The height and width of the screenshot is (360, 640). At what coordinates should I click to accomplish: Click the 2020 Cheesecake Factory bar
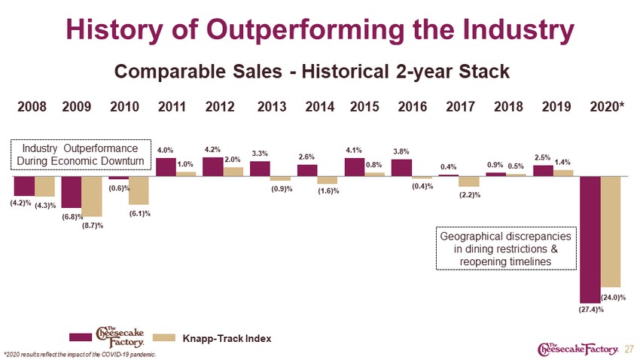(590, 239)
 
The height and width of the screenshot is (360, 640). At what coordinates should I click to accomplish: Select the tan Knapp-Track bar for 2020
(611, 232)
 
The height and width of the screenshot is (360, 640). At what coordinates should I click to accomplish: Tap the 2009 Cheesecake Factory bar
(72, 192)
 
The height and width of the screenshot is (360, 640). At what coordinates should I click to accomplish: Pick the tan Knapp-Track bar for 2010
(139, 191)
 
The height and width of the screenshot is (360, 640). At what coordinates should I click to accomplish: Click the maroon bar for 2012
(212, 167)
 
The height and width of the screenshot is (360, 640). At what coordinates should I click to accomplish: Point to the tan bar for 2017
(469, 182)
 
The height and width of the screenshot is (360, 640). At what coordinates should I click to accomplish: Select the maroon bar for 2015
(355, 167)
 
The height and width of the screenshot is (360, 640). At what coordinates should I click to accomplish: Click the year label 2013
(271, 106)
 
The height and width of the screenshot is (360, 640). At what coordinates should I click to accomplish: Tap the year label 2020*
(607, 106)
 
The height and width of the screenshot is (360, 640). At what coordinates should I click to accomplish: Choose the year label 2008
(32, 106)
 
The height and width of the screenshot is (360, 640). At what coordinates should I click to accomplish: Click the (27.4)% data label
(590, 310)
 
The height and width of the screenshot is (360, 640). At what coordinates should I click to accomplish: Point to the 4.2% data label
(212, 150)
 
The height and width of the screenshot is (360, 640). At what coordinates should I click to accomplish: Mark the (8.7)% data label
(93, 225)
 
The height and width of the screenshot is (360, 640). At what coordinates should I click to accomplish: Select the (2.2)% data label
(470, 195)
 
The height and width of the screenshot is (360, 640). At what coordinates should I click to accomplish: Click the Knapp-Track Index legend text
(227, 338)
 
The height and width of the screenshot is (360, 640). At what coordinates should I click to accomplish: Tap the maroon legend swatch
(81, 337)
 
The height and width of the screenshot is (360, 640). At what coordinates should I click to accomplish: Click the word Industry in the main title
(518, 30)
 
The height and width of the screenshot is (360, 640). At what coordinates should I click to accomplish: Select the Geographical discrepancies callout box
(506, 249)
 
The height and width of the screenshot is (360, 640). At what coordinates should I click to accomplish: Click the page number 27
(629, 349)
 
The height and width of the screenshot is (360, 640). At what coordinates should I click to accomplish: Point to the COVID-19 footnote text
(80, 354)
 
